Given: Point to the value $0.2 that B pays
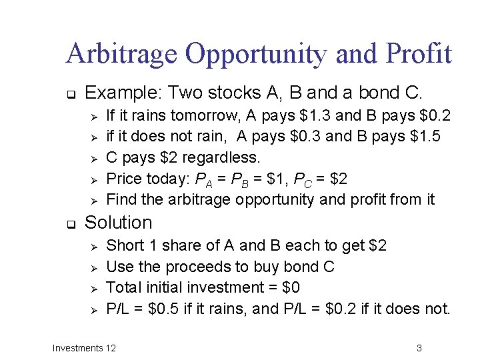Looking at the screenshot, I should tap(433, 116).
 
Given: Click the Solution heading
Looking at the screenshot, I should tap(119, 222).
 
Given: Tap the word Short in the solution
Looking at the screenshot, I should tap(123, 245).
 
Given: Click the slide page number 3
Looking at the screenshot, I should tap(419, 347).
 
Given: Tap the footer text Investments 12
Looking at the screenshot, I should tap(84, 347).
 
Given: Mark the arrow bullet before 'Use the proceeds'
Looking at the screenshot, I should tap(94, 267).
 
